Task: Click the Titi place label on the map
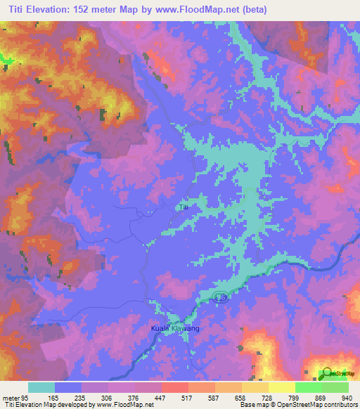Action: click(x=184, y=207)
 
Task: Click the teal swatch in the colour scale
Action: click(x=41, y=387)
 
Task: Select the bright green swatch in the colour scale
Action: click(x=308, y=387)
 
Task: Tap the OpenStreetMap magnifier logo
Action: click(x=326, y=373)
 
